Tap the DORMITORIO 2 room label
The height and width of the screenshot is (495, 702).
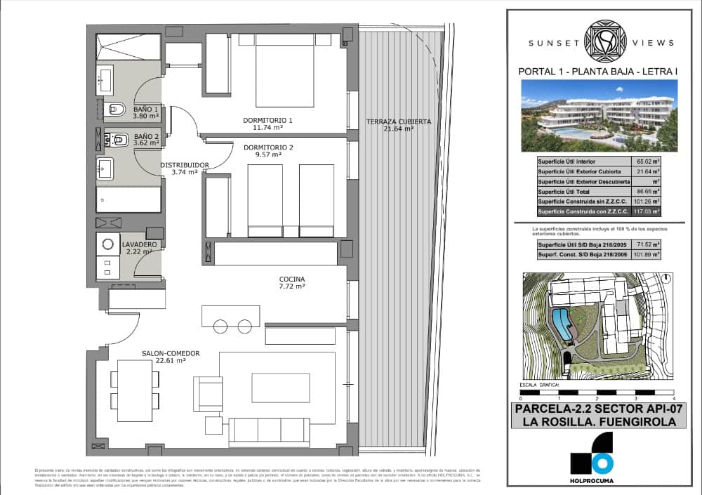(267, 147)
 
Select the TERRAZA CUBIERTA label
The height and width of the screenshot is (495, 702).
(399, 122)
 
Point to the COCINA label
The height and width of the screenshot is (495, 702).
(291, 279)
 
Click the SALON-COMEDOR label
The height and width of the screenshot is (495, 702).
(171, 353)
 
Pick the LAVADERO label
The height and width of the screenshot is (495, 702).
(140, 244)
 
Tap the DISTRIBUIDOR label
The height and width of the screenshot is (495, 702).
(185, 165)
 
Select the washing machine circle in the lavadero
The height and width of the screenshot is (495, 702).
(109, 245)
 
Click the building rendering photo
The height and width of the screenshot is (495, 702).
(599, 116)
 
